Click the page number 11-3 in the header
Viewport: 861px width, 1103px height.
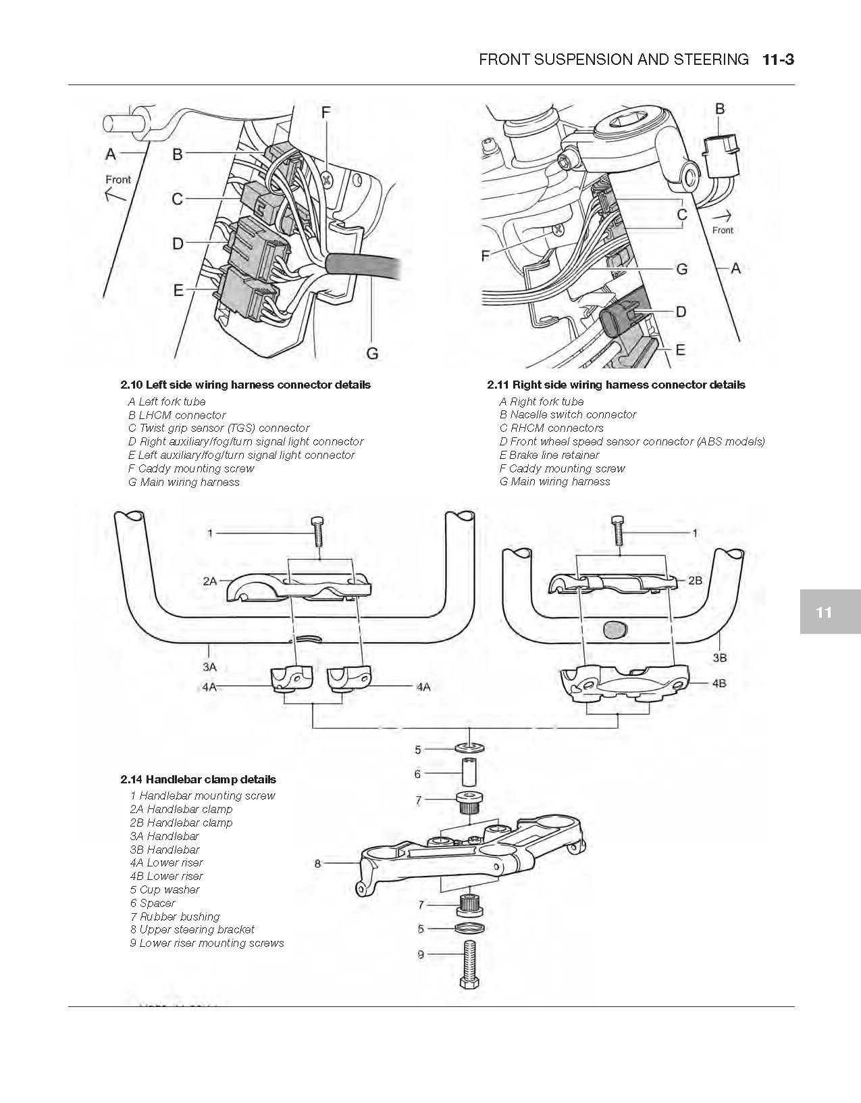(778, 59)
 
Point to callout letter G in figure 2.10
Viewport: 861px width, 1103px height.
(372, 352)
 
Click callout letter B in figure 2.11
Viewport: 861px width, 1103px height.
(720, 109)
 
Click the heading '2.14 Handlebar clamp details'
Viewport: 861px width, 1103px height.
(199, 779)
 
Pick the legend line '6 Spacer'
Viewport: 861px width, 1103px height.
(153, 903)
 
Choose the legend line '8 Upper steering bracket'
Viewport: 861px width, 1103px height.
(192, 929)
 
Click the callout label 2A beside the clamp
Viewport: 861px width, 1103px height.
(209, 581)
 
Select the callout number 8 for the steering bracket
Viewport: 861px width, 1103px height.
(317, 863)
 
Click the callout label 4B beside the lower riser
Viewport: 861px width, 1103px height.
(719, 683)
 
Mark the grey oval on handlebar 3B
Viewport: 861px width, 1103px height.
(615, 630)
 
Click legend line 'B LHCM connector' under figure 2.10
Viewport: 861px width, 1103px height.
(177, 415)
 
